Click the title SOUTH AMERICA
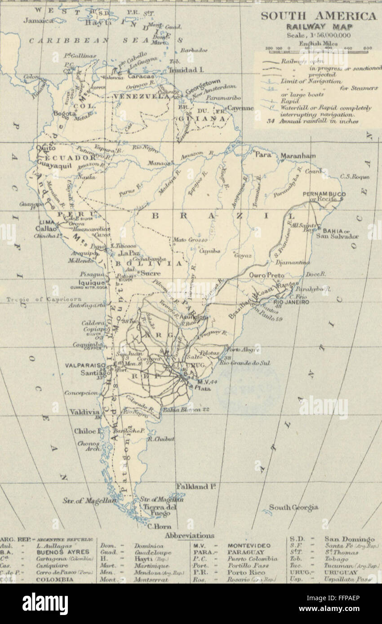(x=319, y=16)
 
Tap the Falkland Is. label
(x=192, y=486)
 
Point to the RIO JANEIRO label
(x=291, y=303)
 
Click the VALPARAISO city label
(x=85, y=365)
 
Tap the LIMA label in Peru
(x=48, y=221)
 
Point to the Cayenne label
(x=240, y=108)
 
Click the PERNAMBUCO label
(x=324, y=194)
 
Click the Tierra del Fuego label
(x=157, y=510)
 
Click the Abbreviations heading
(x=189, y=536)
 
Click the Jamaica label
(x=38, y=21)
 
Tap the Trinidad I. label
(x=186, y=70)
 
